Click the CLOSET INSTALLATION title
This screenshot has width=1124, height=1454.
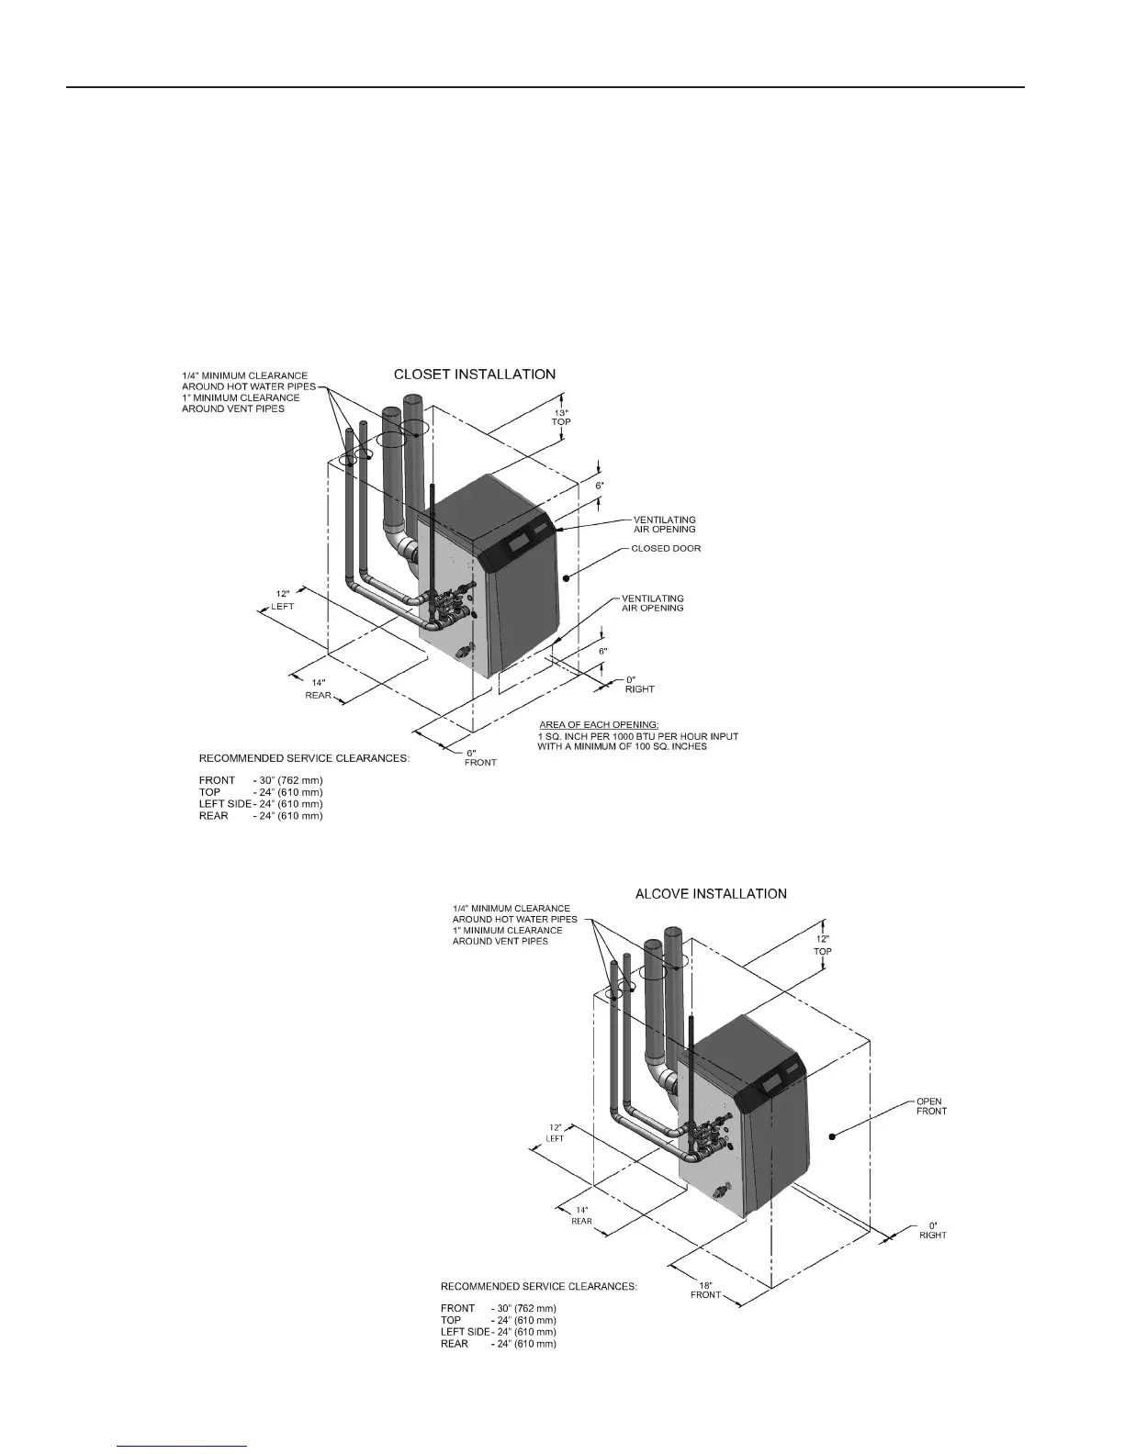(x=474, y=375)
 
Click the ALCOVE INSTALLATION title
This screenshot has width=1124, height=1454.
(x=711, y=893)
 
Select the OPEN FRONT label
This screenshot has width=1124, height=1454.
(x=929, y=1106)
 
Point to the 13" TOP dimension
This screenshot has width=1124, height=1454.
(x=561, y=416)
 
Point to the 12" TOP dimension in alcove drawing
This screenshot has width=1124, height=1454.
(x=823, y=945)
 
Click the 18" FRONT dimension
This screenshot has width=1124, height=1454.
(x=706, y=1289)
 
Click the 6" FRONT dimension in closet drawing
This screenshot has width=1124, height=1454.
(x=480, y=757)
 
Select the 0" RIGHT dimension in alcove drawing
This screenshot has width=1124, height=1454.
(x=932, y=1229)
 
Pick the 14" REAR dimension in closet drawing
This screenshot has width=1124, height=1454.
(x=318, y=688)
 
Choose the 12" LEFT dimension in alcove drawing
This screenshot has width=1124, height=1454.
(x=555, y=1132)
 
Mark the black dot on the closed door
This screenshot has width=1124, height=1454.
(x=567, y=577)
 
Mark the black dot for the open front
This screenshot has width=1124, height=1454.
(x=832, y=1136)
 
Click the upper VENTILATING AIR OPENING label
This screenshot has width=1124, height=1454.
(x=664, y=524)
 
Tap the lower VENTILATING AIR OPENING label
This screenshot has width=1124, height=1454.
(x=652, y=602)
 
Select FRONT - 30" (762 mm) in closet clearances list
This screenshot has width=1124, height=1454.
(x=261, y=780)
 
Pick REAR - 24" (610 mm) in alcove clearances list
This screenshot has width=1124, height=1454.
(x=499, y=1344)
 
